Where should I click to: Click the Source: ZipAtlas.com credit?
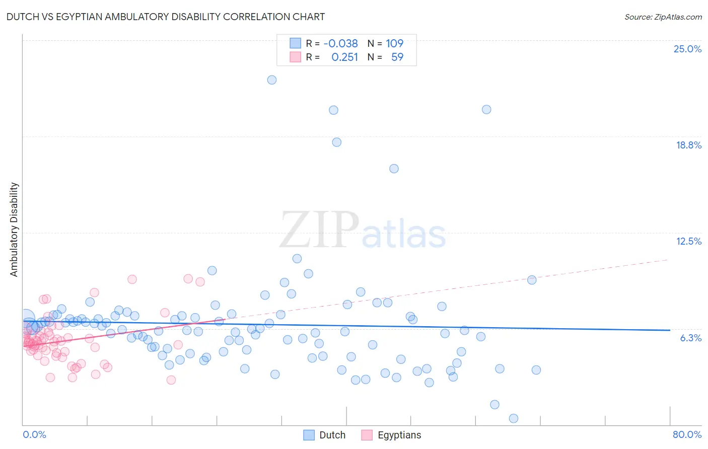(663, 17)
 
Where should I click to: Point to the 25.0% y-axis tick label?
(687, 49)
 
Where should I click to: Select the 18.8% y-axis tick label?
(688, 145)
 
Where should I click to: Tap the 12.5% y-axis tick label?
(688, 241)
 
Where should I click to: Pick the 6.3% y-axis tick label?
(690, 338)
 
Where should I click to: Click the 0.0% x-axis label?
(34, 434)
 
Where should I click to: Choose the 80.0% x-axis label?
(687, 434)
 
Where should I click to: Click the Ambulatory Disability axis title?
(14, 229)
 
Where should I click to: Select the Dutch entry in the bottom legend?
(332, 435)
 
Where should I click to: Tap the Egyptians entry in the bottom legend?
(399, 435)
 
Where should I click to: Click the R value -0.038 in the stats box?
(340, 43)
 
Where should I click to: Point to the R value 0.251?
(344, 57)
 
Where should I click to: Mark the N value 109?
(394, 43)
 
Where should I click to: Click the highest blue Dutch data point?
(272, 80)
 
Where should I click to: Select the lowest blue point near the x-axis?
(514, 418)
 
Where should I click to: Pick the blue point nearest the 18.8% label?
(337, 142)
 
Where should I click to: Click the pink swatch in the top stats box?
(295, 57)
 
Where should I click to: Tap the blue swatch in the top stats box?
(295, 43)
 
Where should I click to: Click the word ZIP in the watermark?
(319, 230)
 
